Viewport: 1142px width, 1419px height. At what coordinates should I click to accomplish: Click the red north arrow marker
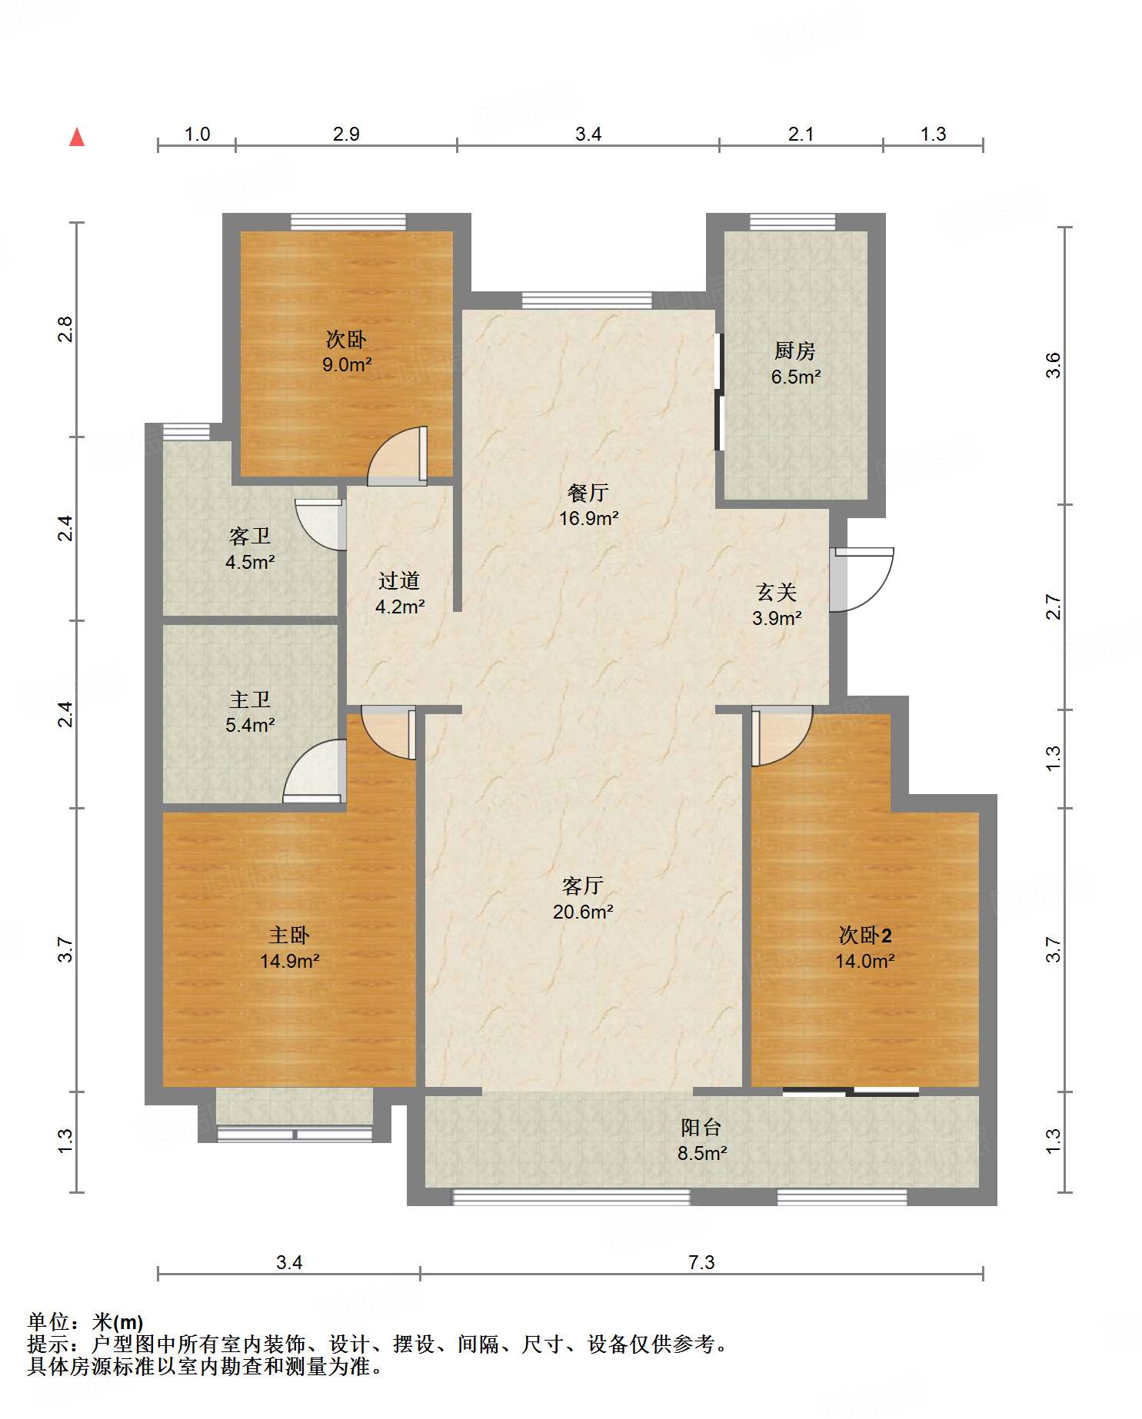coord(77,137)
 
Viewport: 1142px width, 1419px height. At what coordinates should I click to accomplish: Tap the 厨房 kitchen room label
coord(794,351)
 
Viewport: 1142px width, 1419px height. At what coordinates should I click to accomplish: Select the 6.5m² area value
coord(796,377)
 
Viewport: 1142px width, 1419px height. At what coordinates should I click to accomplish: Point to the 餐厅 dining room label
coord(588,493)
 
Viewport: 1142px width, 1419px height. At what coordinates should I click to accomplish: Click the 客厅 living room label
coord(583,886)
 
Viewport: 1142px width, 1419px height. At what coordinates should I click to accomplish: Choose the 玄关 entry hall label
coord(777,592)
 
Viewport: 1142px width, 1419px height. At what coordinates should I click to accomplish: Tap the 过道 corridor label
coord(399,580)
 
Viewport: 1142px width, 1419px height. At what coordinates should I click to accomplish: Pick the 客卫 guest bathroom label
coord(250,536)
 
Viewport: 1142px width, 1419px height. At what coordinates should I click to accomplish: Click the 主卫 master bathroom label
coord(250,700)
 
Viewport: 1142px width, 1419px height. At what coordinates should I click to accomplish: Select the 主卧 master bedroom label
coord(289,935)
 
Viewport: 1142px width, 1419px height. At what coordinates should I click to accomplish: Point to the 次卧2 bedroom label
coord(865,935)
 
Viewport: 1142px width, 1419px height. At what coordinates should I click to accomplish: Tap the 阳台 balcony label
coord(701,1128)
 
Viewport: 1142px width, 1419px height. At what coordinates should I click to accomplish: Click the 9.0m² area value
coord(347,364)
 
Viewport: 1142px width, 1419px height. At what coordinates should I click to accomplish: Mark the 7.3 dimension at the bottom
coord(701,1262)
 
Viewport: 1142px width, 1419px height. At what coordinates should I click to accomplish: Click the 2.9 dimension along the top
coord(346,134)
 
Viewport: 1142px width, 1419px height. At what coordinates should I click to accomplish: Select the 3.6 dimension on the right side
coord(1053,365)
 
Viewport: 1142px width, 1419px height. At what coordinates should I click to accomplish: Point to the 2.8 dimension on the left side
coord(66,329)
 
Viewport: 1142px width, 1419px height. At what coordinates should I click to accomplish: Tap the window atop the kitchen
coord(792,222)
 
